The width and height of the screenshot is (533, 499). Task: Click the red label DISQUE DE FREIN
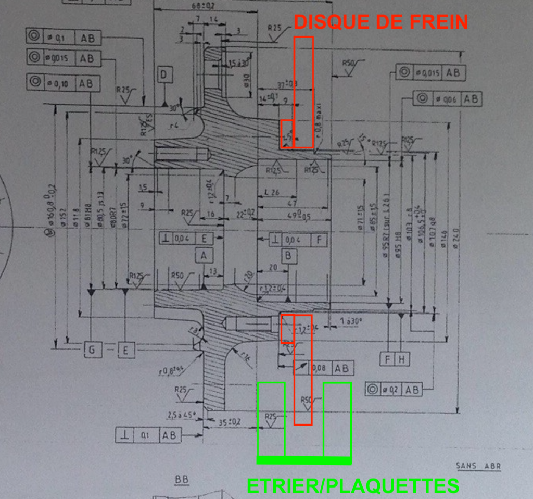pyautogui.click(x=380, y=21)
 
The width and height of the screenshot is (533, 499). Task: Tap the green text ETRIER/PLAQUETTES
pyautogui.click(x=352, y=485)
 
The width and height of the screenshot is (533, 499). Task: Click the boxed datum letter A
pyautogui.click(x=204, y=255)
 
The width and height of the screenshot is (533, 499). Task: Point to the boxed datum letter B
pyautogui.click(x=288, y=256)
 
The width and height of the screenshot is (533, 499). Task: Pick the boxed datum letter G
pyautogui.click(x=93, y=350)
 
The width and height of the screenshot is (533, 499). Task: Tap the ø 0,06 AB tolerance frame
pyautogui.click(x=447, y=98)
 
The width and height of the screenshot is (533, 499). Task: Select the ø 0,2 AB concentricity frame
pyautogui.click(x=394, y=389)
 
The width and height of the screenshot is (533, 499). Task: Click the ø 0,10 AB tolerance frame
pyautogui.click(x=63, y=82)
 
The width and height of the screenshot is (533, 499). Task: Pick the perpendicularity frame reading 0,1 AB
pyautogui.click(x=148, y=435)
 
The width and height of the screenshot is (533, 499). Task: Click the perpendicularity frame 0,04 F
pyautogui.click(x=298, y=239)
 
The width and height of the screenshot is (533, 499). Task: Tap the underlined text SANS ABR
pyautogui.click(x=478, y=466)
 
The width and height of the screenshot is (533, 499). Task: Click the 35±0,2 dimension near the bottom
pyautogui.click(x=229, y=421)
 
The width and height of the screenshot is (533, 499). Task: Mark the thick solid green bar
pyautogui.click(x=304, y=460)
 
